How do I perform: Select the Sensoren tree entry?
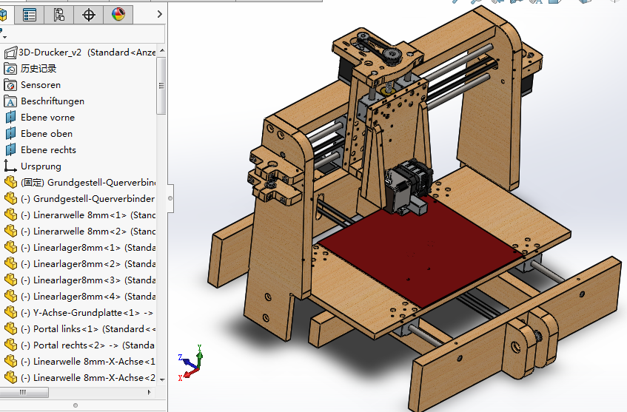coord(40,85)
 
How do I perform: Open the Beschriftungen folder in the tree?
coord(52,101)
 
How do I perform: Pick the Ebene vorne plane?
coord(47,118)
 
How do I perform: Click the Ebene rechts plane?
coord(48,150)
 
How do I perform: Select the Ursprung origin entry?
coord(41,166)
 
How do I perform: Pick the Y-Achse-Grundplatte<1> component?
coord(86,313)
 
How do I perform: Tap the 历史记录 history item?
coord(38,69)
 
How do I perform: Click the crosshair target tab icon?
coord(89,14)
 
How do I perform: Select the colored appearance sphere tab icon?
coord(118,14)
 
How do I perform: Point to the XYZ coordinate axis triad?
coord(191,361)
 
